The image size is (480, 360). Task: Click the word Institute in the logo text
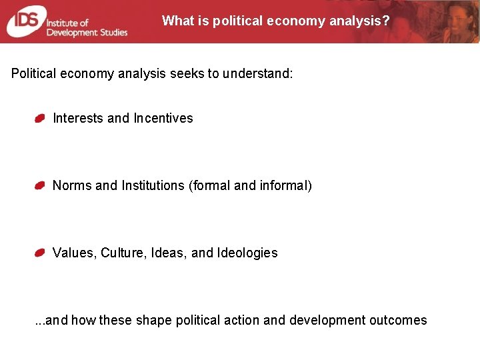64,21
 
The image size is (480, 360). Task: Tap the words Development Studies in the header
87,32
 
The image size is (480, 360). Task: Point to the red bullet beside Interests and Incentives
40,119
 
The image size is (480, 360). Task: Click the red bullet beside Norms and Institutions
40,186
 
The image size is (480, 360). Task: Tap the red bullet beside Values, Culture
40,253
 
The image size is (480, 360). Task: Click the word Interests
78,118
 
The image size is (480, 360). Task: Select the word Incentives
163,118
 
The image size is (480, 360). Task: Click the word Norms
72,185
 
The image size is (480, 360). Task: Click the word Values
74,253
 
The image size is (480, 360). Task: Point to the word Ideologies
247,253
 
